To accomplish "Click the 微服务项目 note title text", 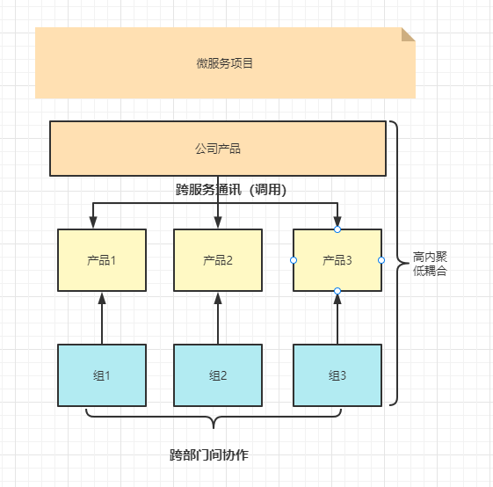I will [225, 63].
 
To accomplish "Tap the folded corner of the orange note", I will [408, 34].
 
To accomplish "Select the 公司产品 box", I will [217, 149].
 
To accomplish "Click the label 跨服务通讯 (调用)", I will [231, 189].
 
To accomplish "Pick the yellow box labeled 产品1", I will [101, 260].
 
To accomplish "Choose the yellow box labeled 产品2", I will [217, 260].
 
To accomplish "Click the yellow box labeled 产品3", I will [337, 260].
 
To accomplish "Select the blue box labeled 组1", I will [101, 375].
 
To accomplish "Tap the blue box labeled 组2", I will [217, 375].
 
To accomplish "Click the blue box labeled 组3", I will [337, 375].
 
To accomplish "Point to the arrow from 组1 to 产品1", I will [101, 318].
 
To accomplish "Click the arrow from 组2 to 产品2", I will [217, 318].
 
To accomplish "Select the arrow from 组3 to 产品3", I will [337, 318].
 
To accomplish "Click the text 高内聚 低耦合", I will [430, 265].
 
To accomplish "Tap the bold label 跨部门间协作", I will [209, 455].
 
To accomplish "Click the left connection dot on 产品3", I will [294, 260].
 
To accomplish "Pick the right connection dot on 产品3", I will [381, 260].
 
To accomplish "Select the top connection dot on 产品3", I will [337, 229].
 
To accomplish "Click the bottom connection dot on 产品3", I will [337, 291].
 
